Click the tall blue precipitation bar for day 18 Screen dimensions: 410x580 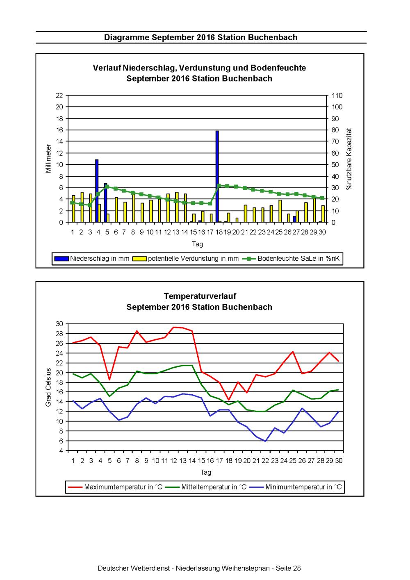click(x=217, y=176)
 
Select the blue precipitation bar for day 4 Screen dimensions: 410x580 click(x=97, y=191)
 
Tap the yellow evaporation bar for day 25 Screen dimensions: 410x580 click(x=280, y=211)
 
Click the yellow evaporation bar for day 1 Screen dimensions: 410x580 click(x=73, y=209)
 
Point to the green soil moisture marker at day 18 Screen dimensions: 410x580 click(x=219, y=185)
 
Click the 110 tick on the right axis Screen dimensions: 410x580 click(x=337, y=96)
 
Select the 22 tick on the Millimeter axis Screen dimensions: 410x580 click(x=59, y=96)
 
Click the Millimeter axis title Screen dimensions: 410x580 click(x=48, y=159)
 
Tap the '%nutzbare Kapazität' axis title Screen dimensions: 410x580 click(x=349, y=159)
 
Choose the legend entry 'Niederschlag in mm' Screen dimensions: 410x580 click(x=92, y=258)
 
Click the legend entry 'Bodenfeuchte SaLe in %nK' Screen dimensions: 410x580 click(x=291, y=258)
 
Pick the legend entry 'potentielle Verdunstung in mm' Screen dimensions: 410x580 click(x=185, y=258)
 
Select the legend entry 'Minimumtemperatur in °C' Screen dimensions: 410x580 click(x=296, y=487)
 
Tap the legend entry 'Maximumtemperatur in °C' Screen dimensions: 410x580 click(x=115, y=487)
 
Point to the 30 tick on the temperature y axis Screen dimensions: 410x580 click(x=59, y=324)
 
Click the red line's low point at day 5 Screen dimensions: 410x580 click(x=109, y=380)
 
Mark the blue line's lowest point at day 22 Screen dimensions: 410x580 click(x=265, y=441)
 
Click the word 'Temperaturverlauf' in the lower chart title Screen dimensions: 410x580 click(x=200, y=296)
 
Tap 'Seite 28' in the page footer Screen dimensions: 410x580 click(x=288, y=568)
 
